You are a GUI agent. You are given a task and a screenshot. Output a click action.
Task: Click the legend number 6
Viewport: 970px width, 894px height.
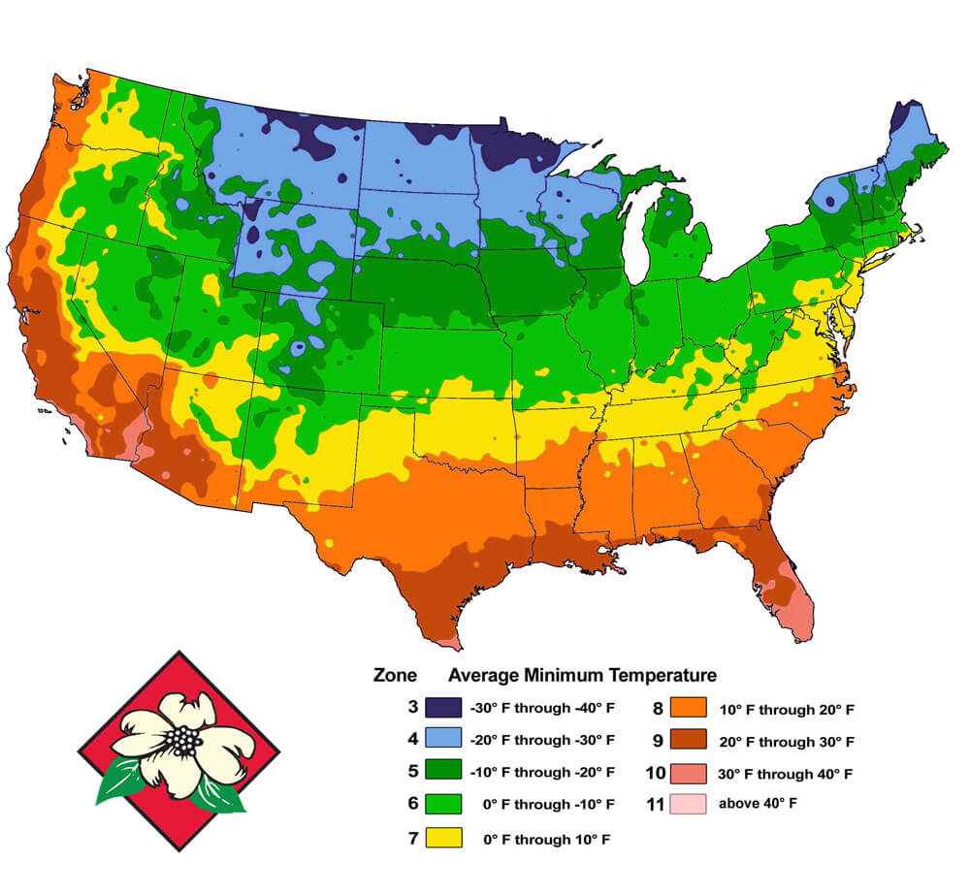coord(413,804)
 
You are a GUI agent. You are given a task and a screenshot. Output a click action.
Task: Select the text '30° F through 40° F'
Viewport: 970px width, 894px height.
coord(786,774)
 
